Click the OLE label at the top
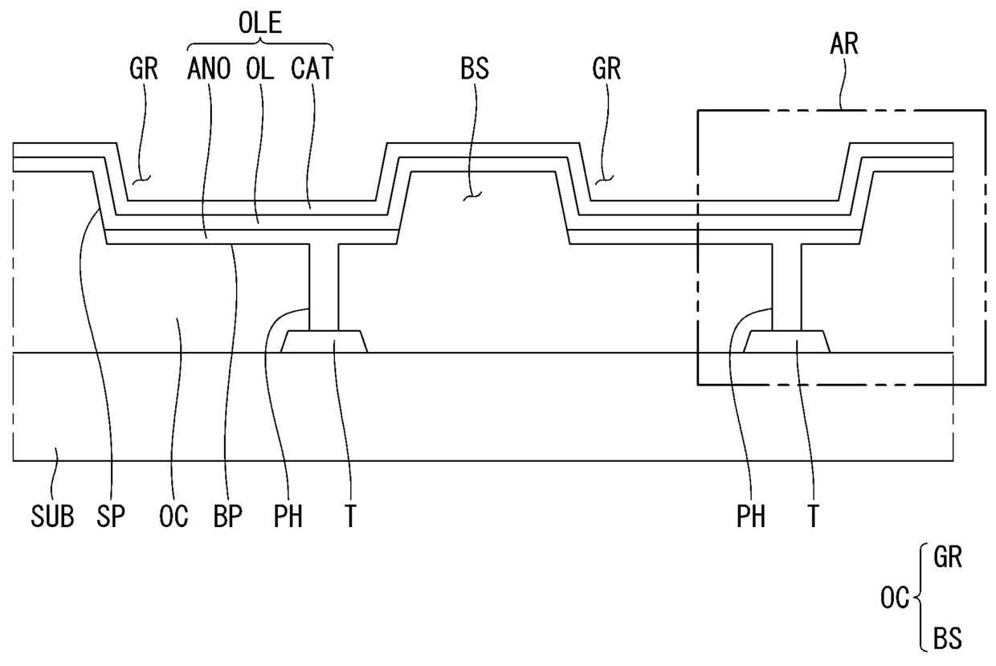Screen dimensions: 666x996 click(260, 23)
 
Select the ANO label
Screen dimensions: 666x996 click(209, 69)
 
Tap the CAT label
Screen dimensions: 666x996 click(312, 69)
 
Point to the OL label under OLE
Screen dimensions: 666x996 click(260, 69)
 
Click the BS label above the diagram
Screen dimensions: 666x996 click(475, 69)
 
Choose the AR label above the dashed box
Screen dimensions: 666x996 click(844, 44)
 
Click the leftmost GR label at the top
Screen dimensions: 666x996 click(145, 69)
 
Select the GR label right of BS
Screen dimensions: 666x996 click(606, 69)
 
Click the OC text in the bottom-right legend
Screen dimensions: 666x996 click(894, 598)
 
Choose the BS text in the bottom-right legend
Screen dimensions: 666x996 click(948, 639)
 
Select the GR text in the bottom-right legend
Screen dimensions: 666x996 click(948, 558)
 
